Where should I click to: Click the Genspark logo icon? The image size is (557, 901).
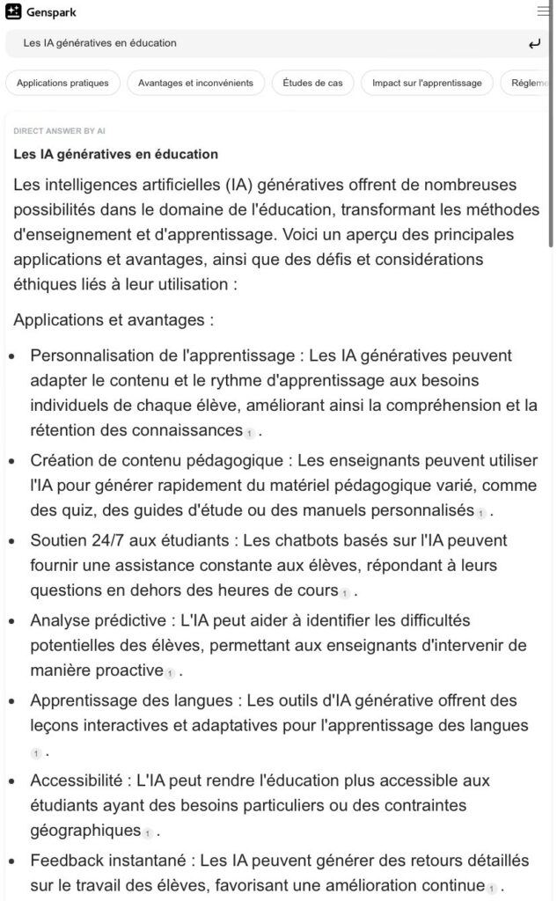[x=13, y=11]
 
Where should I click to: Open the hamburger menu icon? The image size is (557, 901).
[x=543, y=11]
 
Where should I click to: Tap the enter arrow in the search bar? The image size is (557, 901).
[x=533, y=43]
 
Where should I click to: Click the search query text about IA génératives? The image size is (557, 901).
[x=99, y=43]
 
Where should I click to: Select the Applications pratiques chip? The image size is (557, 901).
[x=62, y=83]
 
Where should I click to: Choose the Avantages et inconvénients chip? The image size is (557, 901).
[x=195, y=83]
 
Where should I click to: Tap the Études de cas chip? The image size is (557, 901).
[x=312, y=83]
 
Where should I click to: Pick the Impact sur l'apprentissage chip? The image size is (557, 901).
[x=427, y=83]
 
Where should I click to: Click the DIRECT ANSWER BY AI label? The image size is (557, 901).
[x=59, y=130]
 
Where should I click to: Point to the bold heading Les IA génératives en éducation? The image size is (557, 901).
[x=115, y=154]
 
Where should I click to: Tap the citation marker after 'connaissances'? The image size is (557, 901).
[x=250, y=432]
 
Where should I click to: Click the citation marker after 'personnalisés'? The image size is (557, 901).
[x=481, y=512]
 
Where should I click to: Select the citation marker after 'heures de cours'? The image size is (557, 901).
[x=345, y=591]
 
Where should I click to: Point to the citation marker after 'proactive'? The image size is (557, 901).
[x=170, y=672]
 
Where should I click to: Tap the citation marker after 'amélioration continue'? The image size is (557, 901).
[x=492, y=887]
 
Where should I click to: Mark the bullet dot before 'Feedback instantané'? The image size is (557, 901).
[x=11, y=861]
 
